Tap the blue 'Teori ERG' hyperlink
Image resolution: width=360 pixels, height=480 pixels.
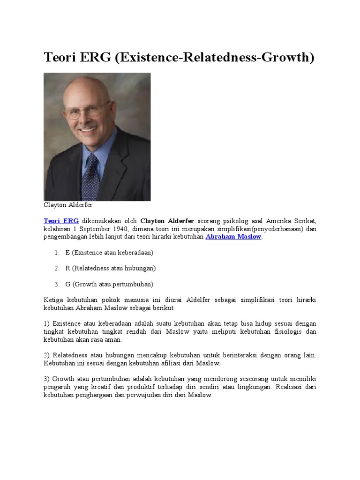point(61,220)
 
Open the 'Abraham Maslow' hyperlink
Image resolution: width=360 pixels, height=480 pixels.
point(233,237)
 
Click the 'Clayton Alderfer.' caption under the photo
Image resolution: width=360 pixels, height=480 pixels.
point(69,205)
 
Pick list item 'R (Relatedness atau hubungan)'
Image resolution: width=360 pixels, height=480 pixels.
point(110,269)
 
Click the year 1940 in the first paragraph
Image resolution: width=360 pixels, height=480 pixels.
point(119,229)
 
